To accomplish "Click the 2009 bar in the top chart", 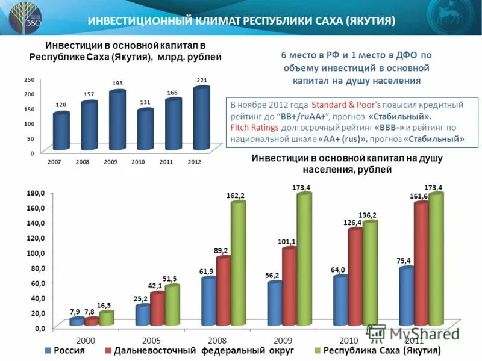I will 116,120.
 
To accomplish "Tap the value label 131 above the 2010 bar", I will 145,102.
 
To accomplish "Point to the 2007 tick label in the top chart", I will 54,162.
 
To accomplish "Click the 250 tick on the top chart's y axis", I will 29,79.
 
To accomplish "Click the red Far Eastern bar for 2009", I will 289,286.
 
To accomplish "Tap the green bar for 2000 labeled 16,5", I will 106,318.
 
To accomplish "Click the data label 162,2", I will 236,196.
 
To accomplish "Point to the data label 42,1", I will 157,286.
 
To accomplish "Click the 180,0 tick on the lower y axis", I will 35,193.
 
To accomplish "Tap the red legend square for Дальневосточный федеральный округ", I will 108,350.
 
